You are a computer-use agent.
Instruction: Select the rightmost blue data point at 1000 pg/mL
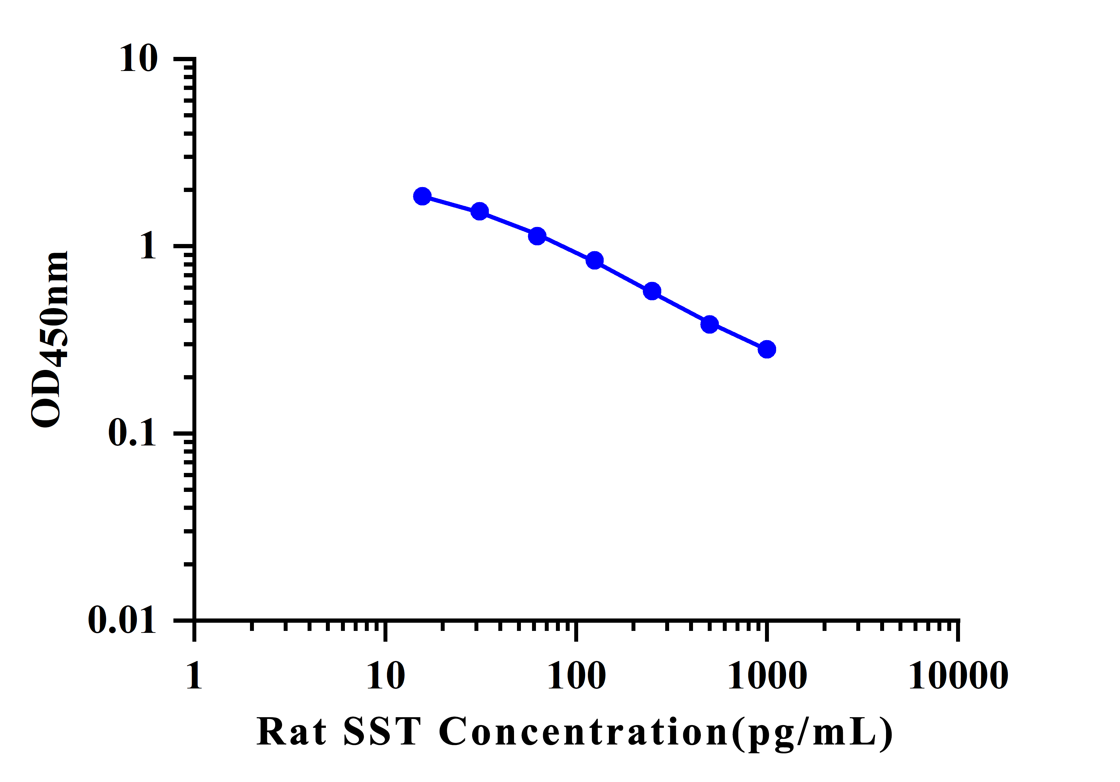[767, 349]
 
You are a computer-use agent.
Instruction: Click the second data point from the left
[480, 211]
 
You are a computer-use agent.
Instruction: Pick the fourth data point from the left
[595, 260]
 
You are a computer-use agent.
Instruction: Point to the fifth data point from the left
[652, 291]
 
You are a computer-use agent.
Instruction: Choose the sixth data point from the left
[710, 324]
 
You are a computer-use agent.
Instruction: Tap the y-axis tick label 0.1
[132, 433]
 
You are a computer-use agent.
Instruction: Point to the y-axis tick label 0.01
[122, 621]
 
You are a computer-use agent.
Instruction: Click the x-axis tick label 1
[194, 676]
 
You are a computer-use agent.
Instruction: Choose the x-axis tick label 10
[385, 676]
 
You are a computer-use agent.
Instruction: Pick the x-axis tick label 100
[577, 676]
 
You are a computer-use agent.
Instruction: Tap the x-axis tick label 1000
[767, 676]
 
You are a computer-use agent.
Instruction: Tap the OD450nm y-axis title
[49, 340]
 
